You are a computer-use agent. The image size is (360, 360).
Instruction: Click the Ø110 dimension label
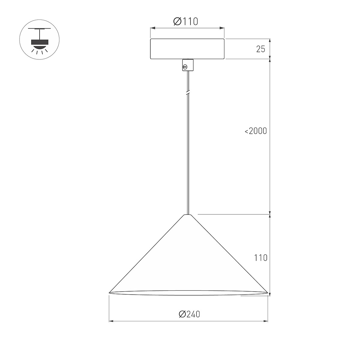pyautogui.click(x=185, y=22)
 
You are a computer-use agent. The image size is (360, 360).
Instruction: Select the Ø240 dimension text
pyautogui.click(x=189, y=314)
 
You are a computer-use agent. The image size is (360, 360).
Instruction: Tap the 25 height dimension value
pyautogui.click(x=261, y=49)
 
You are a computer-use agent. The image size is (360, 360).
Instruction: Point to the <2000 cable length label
pyautogui.click(x=256, y=131)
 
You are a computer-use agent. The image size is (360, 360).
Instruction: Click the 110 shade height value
pyautogui.click(x=261, y=258)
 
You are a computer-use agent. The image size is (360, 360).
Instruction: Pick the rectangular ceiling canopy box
pyautogui.click(x=187, y=49)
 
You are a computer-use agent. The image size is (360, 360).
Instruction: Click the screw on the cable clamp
pyautogui.click(x=185, y=67)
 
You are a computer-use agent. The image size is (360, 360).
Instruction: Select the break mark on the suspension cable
pyautogui.click(x=188, y=93)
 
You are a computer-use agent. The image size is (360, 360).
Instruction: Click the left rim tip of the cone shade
pyautogui.click(x=109, y=292)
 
